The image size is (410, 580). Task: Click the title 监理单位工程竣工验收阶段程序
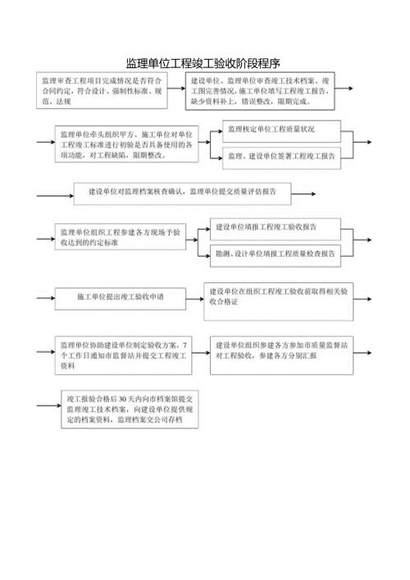[x=204, y=62]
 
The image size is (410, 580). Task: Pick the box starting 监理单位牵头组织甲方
[x=126, y=145]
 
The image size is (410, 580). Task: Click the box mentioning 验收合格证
[x=280, y=296]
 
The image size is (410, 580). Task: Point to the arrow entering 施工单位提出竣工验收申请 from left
[x=44, y=296]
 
